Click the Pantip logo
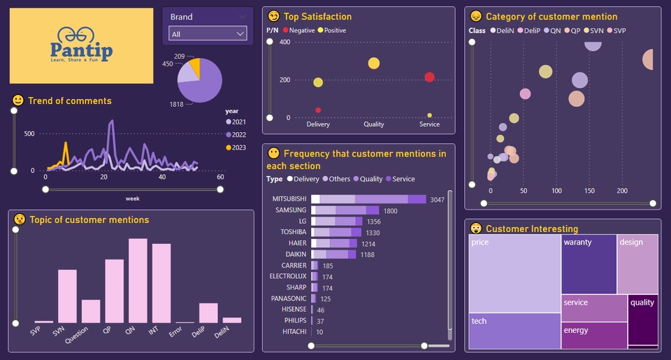click(81, 45)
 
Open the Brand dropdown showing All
click(208, 34)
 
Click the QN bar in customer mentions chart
click(138, 280)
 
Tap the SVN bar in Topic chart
click(67, 296)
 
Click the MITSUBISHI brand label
click(289, 199)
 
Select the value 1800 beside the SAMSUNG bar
click(390, 210)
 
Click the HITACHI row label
click(293, 332)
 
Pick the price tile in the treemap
click(514, 273)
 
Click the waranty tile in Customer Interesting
click(589, 264)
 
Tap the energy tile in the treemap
click(593, 336)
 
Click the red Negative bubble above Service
click(429, 78)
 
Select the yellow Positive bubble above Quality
click(374, 64)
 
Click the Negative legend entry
click(298, 30)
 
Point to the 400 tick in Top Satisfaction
click(284, 42)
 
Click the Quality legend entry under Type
click(370, 179)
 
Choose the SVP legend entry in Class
click(617, 31)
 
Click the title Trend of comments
click(69, 101)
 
